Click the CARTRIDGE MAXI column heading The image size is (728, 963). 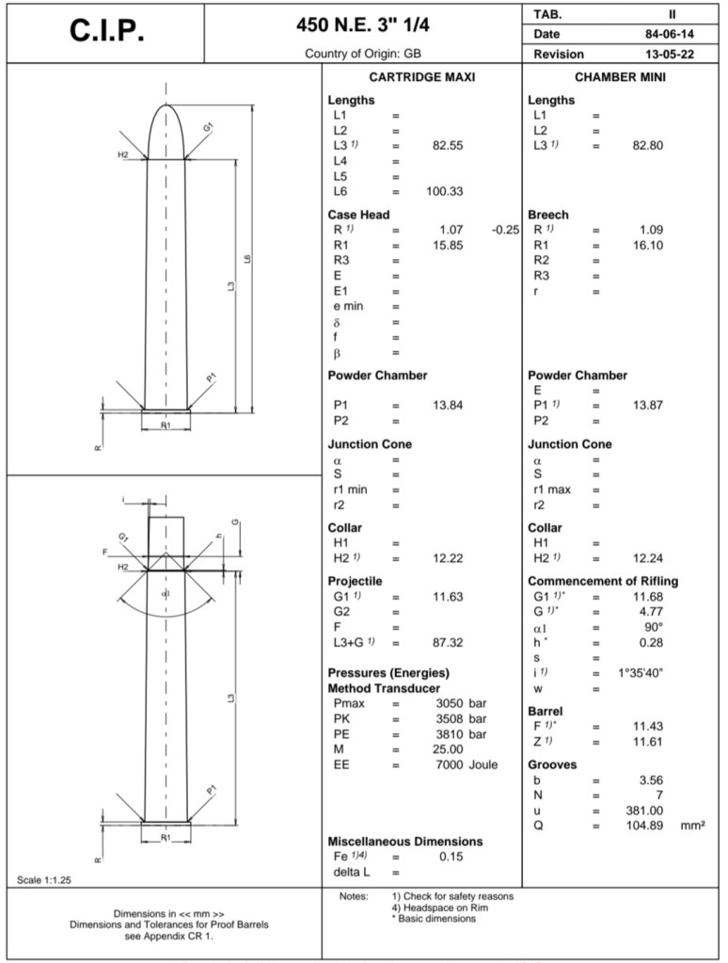tap(421, 78)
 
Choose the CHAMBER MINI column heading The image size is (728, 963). tap(620, 78)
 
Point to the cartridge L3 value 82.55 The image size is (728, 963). tap(449, 146)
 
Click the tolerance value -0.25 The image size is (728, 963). tap(505, 230)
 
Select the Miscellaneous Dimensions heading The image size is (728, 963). tap(405, 841)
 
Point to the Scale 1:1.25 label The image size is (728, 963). tap(45, 879)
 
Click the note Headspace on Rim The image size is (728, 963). tap(435, 907)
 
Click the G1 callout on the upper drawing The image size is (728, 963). tap(208, 125)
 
